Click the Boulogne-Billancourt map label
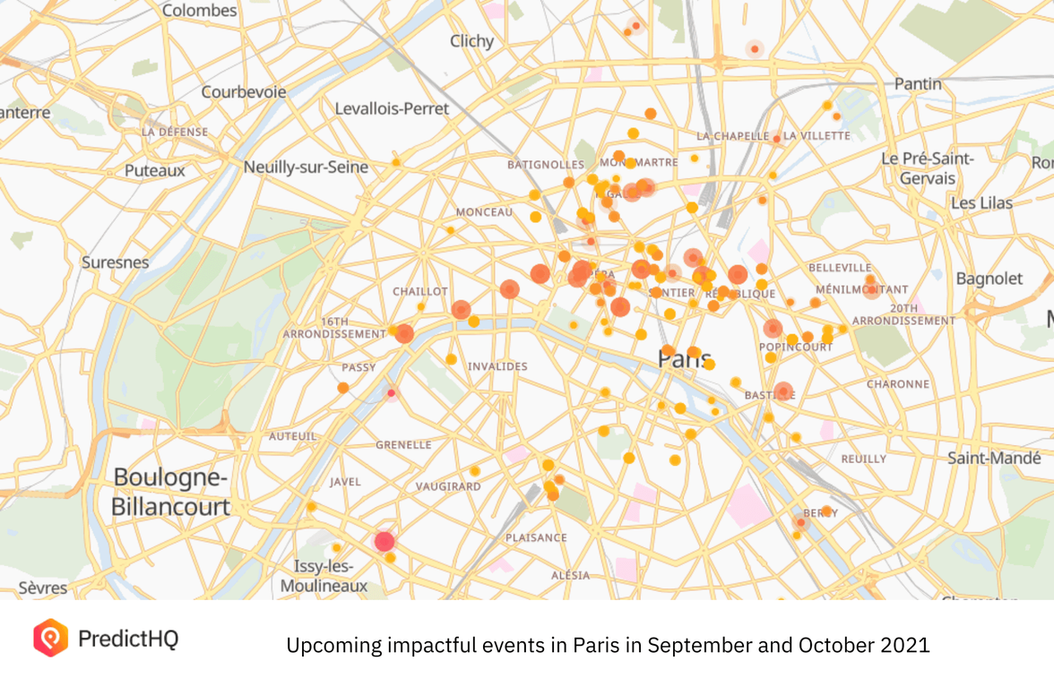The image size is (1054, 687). point(171,492)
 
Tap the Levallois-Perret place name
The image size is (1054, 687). point(392,108)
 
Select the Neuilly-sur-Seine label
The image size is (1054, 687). point(306,167)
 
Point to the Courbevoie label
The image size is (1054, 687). point(244,92)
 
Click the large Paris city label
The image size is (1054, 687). point(685,359)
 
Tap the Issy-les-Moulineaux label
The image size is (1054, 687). point(324,576)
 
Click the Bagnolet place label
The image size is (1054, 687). point(989,279)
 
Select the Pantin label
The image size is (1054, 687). point(918,83)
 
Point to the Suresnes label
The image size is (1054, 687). point(115,262)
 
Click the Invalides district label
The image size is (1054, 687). point(497,366)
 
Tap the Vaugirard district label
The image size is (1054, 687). point(448,486)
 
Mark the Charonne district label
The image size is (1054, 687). point(897,384)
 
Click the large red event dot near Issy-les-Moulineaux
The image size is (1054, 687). point(384,541)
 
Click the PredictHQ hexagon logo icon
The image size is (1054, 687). point(50,638)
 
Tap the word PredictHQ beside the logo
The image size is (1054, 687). point(128,639)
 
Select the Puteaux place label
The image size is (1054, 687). point(155,170)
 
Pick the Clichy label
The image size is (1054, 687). point(471,41)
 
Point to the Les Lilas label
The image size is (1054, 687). point(981,203)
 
